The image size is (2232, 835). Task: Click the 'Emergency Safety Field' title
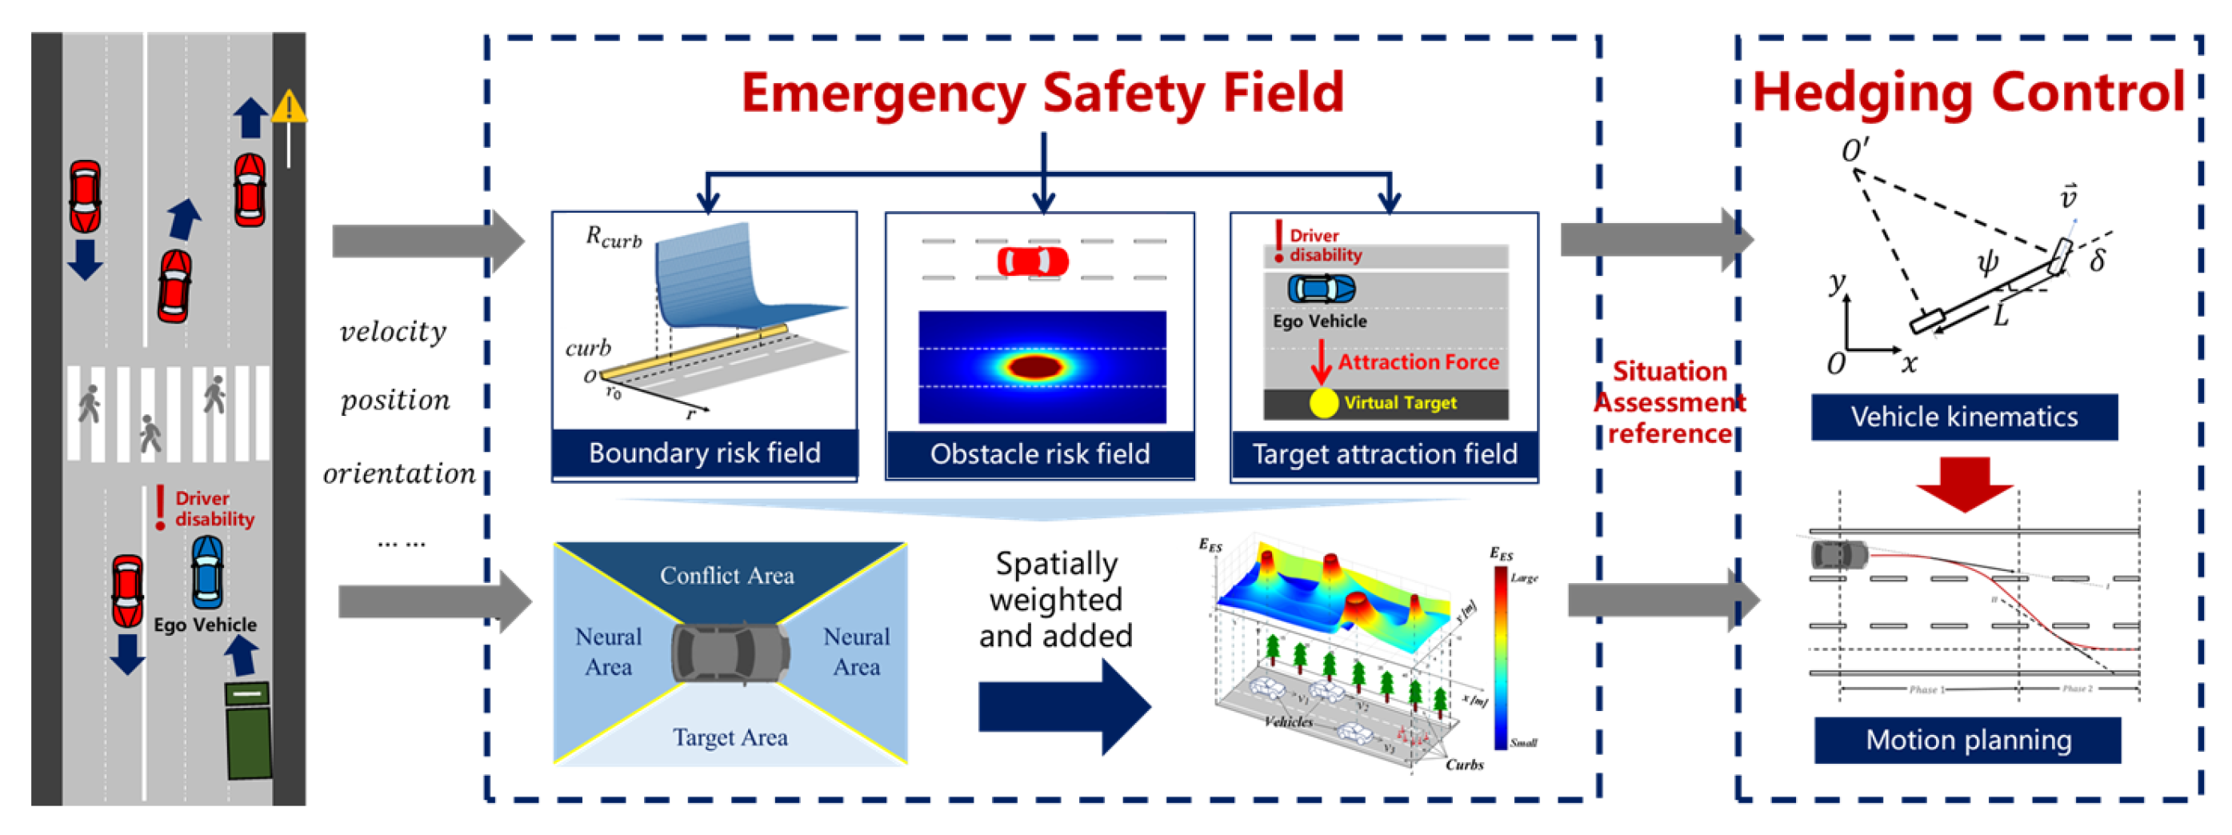pos(1042,93)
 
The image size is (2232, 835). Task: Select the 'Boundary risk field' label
pos(705,453)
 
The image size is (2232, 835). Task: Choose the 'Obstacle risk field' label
pos(1040,453)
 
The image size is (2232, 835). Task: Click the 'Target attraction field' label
pos(1385,453)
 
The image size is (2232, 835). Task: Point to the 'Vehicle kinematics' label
pos(1964,417)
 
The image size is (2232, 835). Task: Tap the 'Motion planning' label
pos(1968,740)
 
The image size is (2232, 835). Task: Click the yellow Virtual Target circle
pos(1323,403)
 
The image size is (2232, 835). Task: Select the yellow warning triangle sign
pos(289,107)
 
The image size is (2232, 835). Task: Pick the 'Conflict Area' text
pos(727,575)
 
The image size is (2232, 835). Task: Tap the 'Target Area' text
pos(730,737)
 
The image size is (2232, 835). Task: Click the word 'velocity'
pos(394,332)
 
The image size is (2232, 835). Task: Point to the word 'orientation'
pos(399,473)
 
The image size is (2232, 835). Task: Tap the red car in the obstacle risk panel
pos(1033,262)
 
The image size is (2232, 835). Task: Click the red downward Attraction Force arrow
pos(1321,362)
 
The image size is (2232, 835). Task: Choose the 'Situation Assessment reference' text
pos(1670,403)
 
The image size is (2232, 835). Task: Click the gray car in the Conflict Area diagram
pos(730,652)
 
